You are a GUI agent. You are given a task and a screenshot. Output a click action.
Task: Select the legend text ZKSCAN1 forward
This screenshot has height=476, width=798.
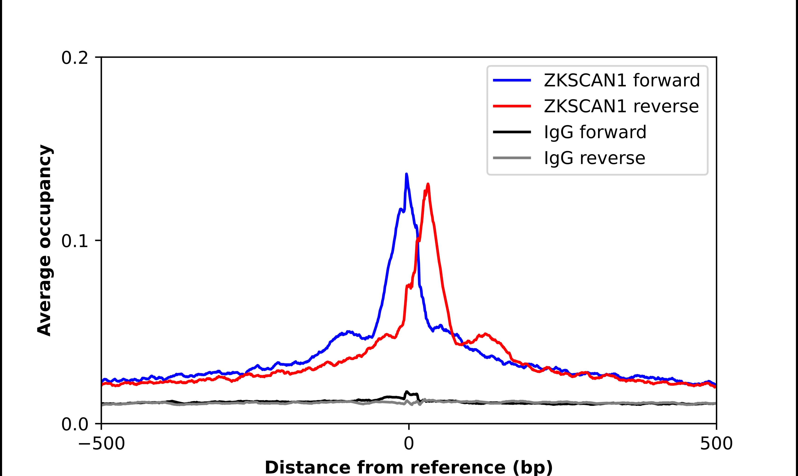click(x=622, y=80)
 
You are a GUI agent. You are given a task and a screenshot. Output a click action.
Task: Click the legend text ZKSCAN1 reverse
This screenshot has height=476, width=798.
click(x=621, y=106)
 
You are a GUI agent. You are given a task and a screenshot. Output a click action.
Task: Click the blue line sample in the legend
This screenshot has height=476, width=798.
click(x=512, y=80)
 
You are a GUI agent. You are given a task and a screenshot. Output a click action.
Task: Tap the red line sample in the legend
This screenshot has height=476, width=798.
click(x=512, y=106)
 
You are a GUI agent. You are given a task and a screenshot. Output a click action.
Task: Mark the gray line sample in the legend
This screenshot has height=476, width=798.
click(x=512, y=158)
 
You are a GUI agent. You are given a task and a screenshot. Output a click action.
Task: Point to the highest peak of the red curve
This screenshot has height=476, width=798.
click(x=428, y=184)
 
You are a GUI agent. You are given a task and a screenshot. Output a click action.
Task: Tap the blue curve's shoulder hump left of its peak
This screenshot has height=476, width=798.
click(x=348, y=332)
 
